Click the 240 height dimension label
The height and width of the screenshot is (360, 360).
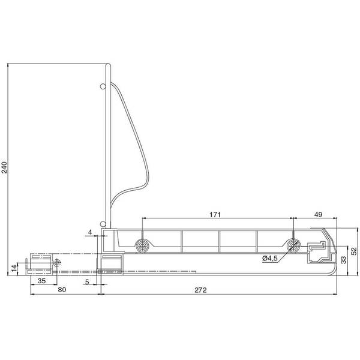tap(5, 167)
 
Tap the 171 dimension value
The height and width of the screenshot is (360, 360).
tap(215, 215)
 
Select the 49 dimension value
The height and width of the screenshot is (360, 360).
tap(318, 215)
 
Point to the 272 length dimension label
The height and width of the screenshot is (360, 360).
tap(200, 290)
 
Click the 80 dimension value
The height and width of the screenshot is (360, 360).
tap(62, 290)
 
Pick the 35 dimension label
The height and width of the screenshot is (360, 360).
tap(41, 281)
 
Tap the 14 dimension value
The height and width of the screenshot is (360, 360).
tap(14, 268)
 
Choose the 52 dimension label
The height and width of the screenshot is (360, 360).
tap(355, 251)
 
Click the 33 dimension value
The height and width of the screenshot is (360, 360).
tap(344, 260)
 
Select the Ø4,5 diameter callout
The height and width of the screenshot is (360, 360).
tap(270, 258)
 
